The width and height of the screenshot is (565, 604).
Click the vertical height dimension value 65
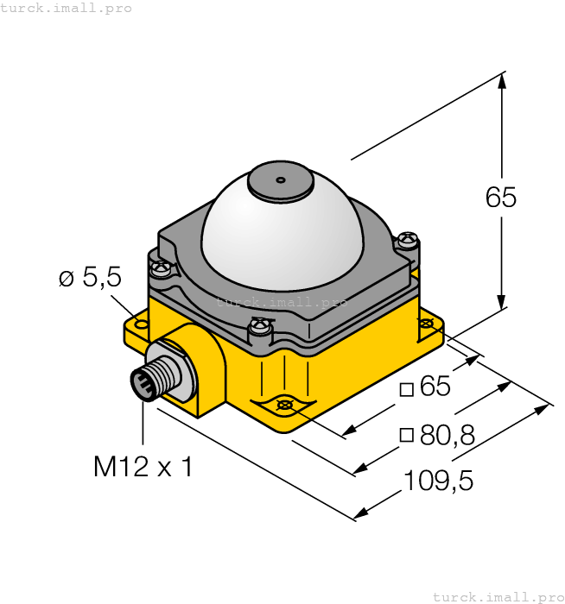(501, 198)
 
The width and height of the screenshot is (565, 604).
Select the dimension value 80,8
(447, 436)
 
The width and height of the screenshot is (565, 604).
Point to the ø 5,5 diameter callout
(90, 278)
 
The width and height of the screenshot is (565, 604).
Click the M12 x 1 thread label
(143, 467)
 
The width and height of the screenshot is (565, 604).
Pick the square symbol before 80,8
(406, 436)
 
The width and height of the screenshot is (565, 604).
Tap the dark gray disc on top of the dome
(281, 182)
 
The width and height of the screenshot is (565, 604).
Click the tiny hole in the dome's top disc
(280, 180)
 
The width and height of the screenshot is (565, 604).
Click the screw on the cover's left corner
(161, 269)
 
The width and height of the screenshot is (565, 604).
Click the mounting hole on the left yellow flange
(142, 325)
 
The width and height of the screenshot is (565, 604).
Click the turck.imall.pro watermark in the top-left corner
(67, 8)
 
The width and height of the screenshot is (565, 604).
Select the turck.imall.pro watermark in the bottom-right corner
(497, 596)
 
